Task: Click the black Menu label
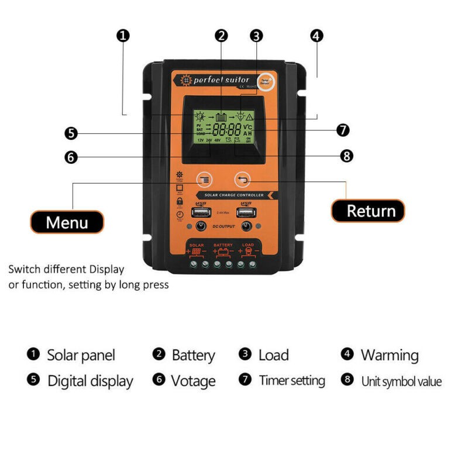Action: [x=67, y=222]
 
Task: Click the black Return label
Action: [x=367, y=211]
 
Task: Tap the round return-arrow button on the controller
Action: [x=242, y=180]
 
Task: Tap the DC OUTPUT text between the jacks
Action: [x=223, y=226]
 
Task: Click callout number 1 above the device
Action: [x=122, y=36]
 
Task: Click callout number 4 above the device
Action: [x=316, y=36]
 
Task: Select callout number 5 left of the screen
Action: [x=70, y=133]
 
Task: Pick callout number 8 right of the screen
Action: [x=346, y=156]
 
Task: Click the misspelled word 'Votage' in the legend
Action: [x=193, y=381]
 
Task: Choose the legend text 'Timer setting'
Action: [x=291, y=380]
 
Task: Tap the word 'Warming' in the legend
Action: [x=389, y=355]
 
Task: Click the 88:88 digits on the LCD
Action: [x=227, y=129]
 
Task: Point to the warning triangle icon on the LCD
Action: [x=258, y=116]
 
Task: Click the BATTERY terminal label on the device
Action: [x=223, y=245]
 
